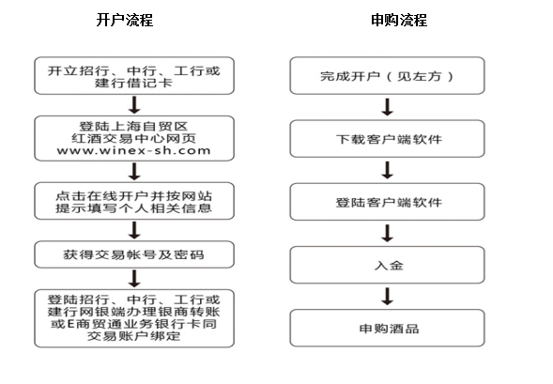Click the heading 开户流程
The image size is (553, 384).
(125, 20)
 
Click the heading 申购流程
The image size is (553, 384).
(399, 20)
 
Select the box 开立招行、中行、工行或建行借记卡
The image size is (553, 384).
(134, 76)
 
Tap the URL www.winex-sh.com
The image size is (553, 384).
(133, 150)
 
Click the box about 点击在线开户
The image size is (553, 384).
(134, 201)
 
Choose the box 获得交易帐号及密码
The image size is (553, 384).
(134, 254)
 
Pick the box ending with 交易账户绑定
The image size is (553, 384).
(134, 318)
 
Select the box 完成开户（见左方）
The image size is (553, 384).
(387, 76)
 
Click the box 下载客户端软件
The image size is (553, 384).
(387, 139)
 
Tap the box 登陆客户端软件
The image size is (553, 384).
(387, 202)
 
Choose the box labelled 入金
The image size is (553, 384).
(387, 265)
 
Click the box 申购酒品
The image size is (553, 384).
(387, 328)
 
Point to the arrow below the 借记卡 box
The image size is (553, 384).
(134, 105)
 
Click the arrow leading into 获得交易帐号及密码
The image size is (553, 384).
(134, 230)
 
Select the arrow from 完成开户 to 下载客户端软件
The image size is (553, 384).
(387, 107)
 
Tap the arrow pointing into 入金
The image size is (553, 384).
(387, 233)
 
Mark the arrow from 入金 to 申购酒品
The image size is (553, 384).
(387, 296)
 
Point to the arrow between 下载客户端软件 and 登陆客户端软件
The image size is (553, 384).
(387, 170)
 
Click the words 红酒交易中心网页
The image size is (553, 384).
(133, 138)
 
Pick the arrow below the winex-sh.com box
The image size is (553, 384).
(134, 172)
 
